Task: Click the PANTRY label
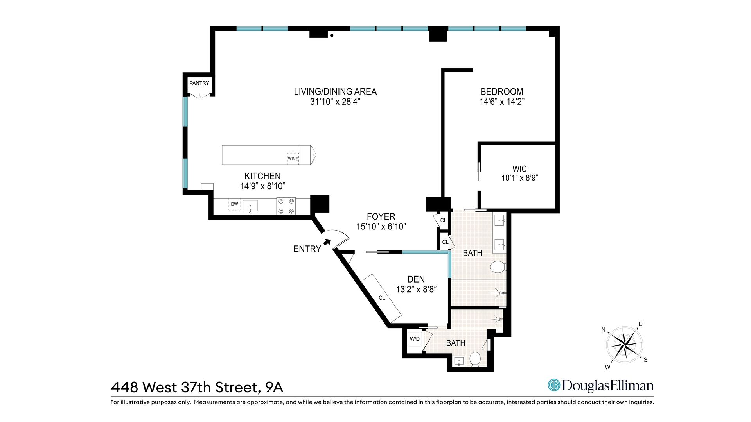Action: pos(199,83)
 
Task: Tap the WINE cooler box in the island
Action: pos(293,158)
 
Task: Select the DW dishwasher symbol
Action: pos(234,204)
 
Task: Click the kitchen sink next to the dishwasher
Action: pos(250,206)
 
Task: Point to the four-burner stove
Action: pos(286,206)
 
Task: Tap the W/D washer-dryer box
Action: pos(415,339)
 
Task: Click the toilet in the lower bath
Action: pos(475,359)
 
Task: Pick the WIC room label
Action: pos(519,169)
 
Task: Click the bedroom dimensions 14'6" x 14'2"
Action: pos(502,102)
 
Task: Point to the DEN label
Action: pos(416,279)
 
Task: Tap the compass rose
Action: pos(625,345)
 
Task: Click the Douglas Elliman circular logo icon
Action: pos(553,385)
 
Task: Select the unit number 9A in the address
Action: pos(274,387)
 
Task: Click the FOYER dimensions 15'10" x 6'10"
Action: pos(381,227)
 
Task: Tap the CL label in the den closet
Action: pos(382,298)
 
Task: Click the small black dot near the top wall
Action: pos(332,36)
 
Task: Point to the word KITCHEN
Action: pos(262,176)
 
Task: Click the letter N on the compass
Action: pos(604,330)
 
